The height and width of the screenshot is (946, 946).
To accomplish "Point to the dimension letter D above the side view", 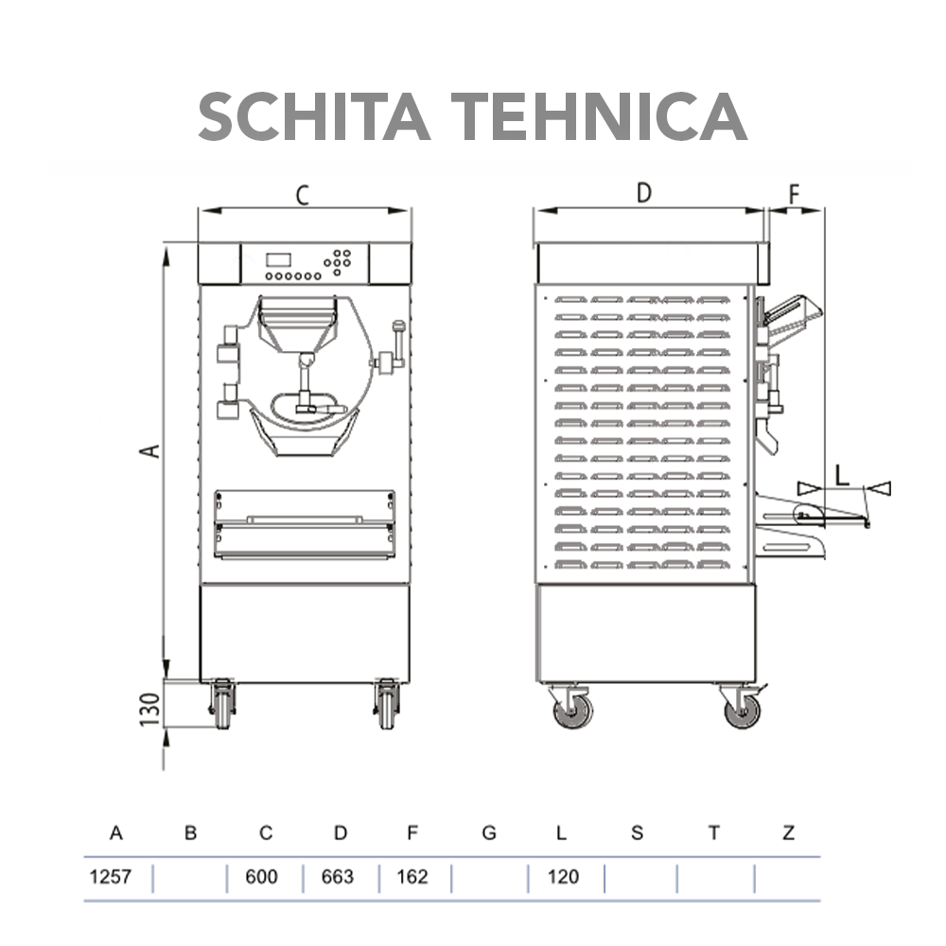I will (643, 193).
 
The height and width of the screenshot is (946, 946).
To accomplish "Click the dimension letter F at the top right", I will (795, 194).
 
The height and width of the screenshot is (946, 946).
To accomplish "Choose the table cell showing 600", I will (262, 877).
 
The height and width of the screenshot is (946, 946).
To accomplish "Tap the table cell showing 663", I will (338, 877).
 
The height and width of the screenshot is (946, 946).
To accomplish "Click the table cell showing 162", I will (412, 877).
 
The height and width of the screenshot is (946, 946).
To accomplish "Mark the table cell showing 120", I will (563, 877).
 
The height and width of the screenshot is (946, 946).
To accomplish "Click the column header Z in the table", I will (789, 833).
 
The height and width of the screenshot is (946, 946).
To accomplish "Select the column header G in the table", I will (488, 833).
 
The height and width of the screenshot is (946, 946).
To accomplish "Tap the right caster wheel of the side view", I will (742, 709).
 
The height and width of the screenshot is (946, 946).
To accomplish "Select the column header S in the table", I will (637, 833).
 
